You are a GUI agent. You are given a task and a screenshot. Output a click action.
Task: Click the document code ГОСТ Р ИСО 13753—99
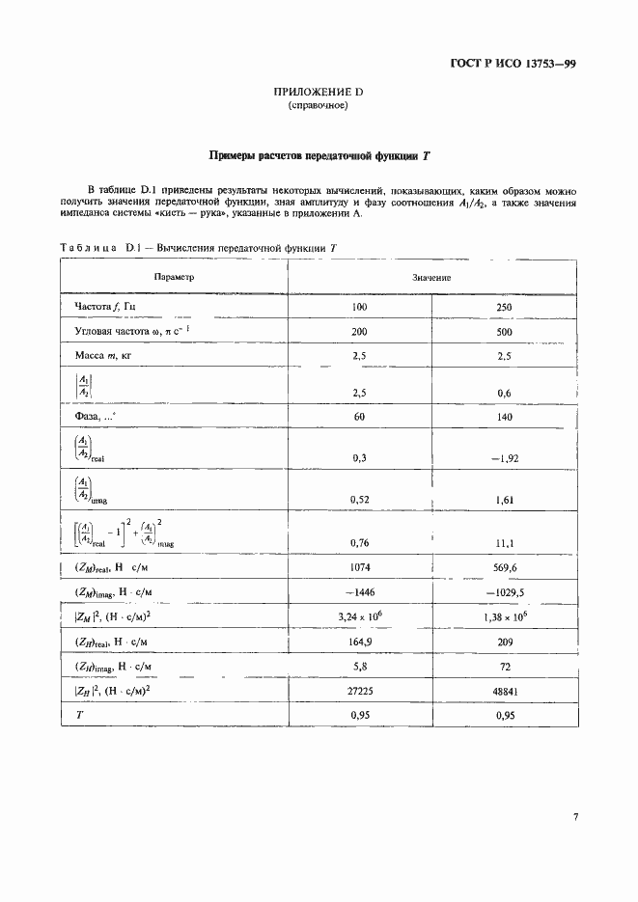513,66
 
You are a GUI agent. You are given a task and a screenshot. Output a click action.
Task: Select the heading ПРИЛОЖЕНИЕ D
318,92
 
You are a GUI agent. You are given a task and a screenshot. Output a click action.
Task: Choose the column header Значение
432,277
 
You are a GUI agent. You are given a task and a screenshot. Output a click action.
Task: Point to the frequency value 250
503,308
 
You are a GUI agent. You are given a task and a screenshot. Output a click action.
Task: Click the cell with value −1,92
503,459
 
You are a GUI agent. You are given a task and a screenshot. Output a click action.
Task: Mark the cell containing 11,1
503,544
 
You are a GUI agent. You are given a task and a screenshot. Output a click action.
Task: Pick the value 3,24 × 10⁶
361,615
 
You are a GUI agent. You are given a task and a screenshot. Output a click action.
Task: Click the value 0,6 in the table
503,394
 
